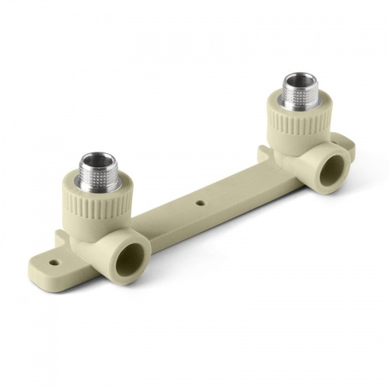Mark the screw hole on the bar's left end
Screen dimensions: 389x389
pos(54,262)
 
